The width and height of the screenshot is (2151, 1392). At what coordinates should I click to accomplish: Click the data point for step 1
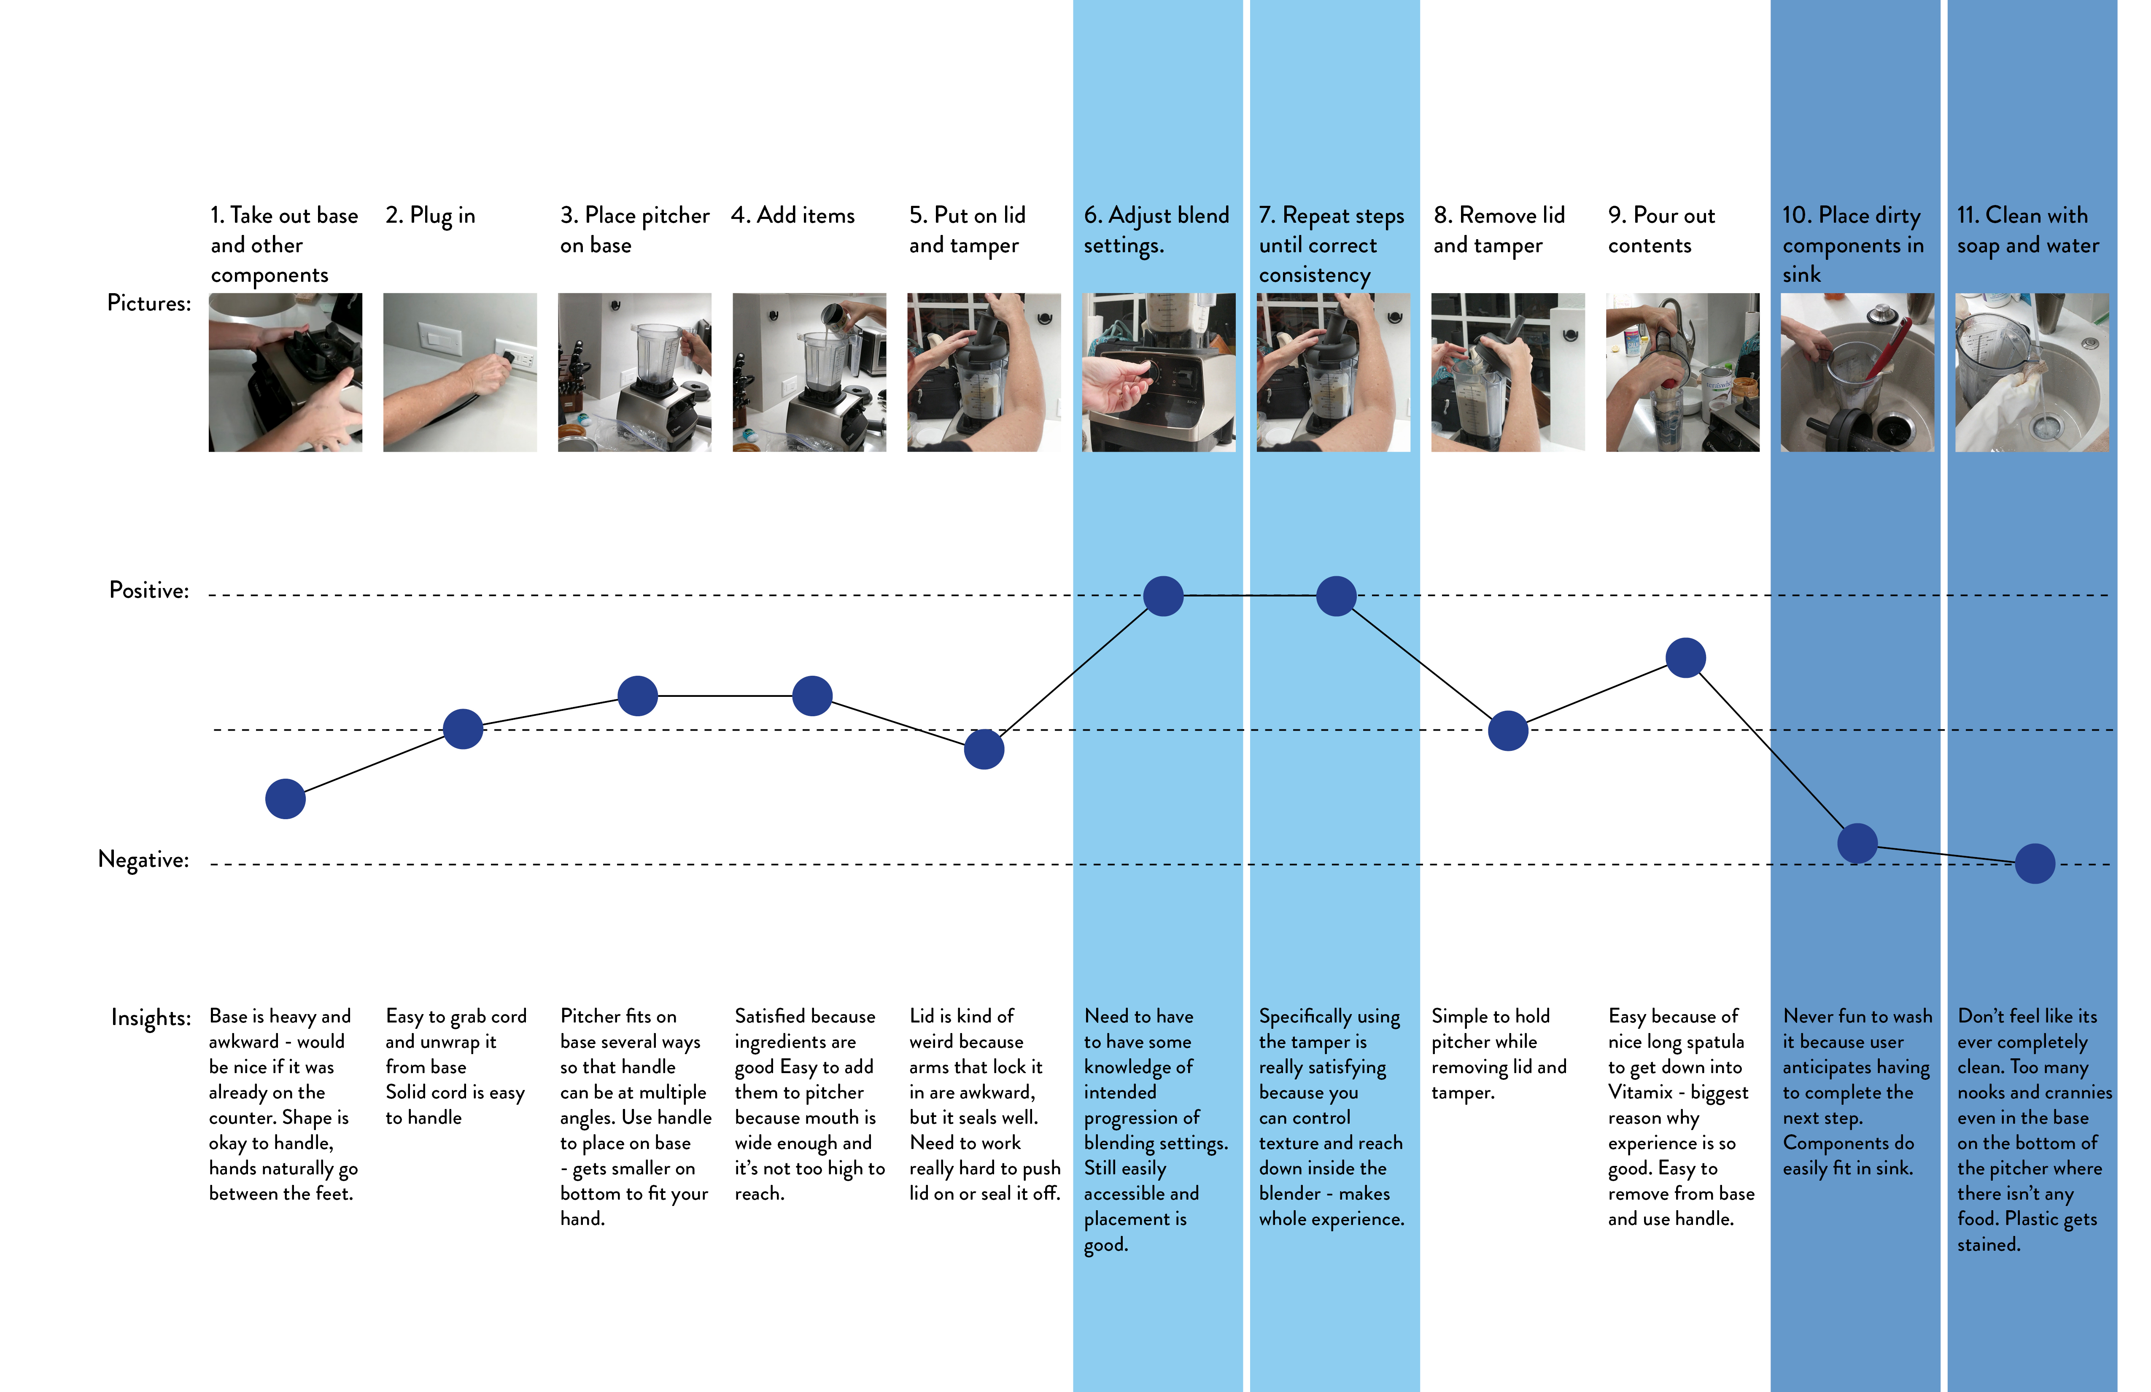[x=286, y=799]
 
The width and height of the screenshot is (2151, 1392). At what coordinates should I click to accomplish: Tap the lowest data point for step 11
[x=2035, y=863]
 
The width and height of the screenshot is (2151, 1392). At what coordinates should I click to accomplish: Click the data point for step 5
[x=984, y=749]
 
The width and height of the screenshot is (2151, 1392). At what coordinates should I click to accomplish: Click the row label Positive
[x=149, y=590]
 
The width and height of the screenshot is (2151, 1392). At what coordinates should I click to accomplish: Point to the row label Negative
[x=144, y=860]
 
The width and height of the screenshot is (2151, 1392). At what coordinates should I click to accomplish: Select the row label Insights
[x=151, y=1018]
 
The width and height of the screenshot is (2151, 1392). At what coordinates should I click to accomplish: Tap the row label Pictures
[x=149, y=303]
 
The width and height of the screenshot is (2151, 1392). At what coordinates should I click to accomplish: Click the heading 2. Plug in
[x=430, y=216]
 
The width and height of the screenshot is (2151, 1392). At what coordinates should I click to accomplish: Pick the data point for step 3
[x=638, y=696]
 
